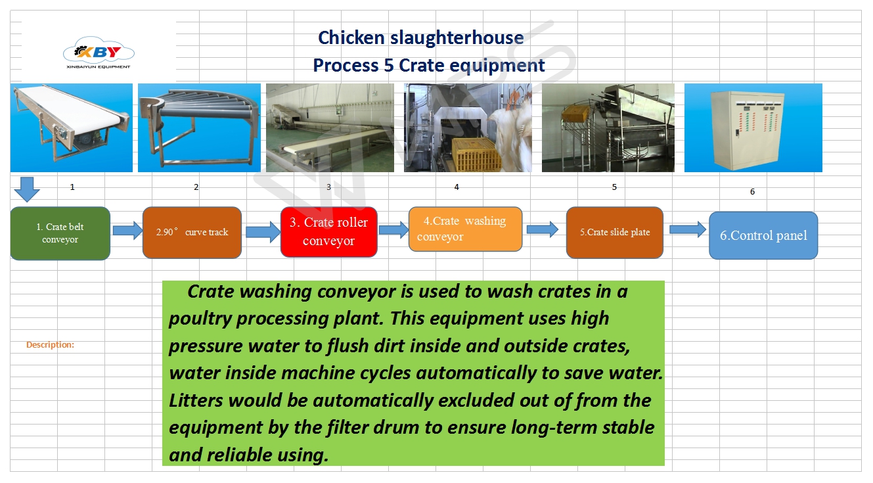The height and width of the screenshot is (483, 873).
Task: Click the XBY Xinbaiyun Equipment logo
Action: [99, 53]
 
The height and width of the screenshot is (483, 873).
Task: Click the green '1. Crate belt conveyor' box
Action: [60, 233]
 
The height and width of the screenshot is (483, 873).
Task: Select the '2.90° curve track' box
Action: [192, 233]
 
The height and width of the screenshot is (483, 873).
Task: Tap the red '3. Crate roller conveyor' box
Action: [329, 231]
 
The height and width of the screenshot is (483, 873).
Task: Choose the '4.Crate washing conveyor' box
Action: [465, 229]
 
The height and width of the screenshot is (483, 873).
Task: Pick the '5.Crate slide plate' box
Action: [615, 233]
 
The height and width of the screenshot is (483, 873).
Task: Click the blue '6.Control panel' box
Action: [763, 235]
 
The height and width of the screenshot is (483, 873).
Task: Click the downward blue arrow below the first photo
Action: [27, 189]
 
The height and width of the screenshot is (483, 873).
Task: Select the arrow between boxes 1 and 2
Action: [127, 231]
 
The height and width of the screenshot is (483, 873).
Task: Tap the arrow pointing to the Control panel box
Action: [688, 229]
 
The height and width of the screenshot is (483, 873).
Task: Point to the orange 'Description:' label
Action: [50, 344]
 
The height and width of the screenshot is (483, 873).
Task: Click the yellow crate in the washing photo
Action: [476, 154]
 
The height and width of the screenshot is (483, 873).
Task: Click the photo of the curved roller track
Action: [199, 127]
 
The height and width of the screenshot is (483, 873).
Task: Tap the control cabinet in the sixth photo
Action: [748, 130]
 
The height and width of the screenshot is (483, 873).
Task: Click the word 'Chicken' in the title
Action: [351, 38]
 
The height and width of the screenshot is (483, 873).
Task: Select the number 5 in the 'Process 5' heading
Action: [389, 65]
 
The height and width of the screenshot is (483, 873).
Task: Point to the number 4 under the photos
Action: [457, 187]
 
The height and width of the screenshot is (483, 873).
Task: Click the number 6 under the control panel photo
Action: [752, 192]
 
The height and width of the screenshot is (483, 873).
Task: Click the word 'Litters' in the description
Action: [196, 400]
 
